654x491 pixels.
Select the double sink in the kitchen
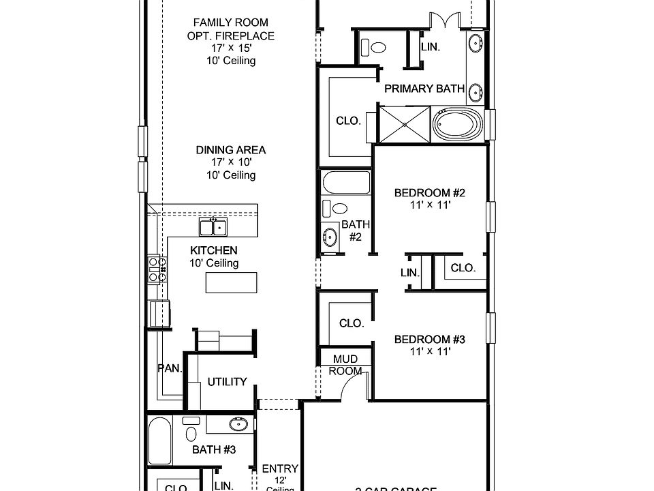coord(213,226)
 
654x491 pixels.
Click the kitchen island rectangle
coord(232,282)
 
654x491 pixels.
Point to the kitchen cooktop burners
coord(155,269)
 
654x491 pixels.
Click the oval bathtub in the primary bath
coord(457,125)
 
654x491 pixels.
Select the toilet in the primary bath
coord(374,48)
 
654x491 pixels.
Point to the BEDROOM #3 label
coord(430,340)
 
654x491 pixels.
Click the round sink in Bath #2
coord(330,237)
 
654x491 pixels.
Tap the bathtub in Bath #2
coord(347,183)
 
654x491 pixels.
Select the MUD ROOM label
coord(345,365)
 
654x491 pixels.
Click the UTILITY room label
coord(227,382)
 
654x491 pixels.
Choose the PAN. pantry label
coord(170,368)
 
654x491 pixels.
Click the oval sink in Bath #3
coord(238,425)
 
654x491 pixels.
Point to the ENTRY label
coord(280,468)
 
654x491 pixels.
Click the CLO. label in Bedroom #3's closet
coord(352,323)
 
